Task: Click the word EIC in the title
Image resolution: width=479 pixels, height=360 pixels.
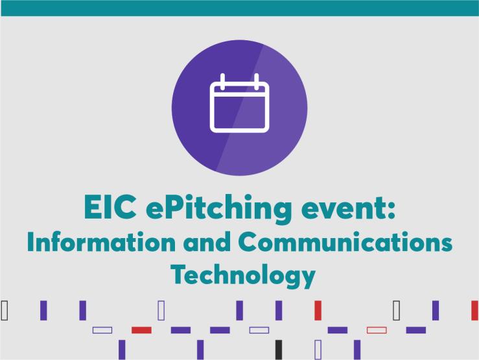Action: tap(110, 207)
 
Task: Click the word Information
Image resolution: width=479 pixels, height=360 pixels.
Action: tap(101, 242)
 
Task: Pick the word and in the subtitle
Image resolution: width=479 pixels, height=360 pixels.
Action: tap(207, 242)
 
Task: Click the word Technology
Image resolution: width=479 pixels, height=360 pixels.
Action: tap(243, 276)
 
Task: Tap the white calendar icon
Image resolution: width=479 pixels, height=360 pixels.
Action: tap(240, 103)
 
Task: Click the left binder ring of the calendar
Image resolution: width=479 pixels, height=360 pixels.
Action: tap(222, 82)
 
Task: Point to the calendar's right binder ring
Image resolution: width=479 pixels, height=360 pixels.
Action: tap(257, 82)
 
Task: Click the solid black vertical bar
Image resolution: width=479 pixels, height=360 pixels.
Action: tap(279, 350)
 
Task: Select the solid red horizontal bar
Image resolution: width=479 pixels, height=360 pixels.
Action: tap(141, 330)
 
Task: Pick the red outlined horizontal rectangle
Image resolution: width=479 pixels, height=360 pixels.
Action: tap(377, 330)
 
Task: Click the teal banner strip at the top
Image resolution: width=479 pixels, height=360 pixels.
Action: tap(240, 8)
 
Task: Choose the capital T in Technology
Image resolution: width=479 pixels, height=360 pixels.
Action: tap(178, 274)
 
